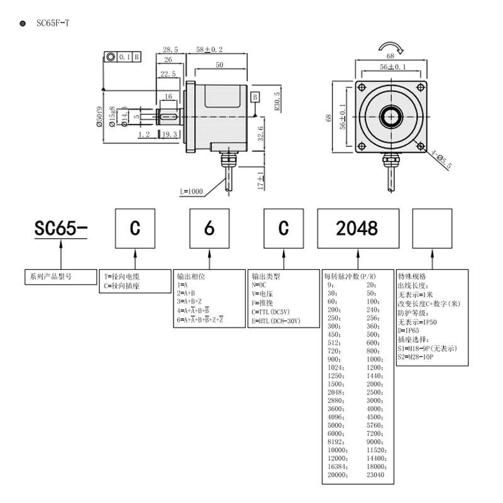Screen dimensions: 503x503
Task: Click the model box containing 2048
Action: [x=357, y=228]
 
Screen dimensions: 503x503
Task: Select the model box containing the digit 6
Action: [x=209, y=228]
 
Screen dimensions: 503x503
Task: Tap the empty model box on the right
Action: [x=433, y=228]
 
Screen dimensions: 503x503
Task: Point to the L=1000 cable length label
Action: [x=191, y=191]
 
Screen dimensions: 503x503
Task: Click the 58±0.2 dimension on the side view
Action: [x=209, y=49]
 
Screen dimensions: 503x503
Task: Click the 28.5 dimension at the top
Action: [x=170, y=49]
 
